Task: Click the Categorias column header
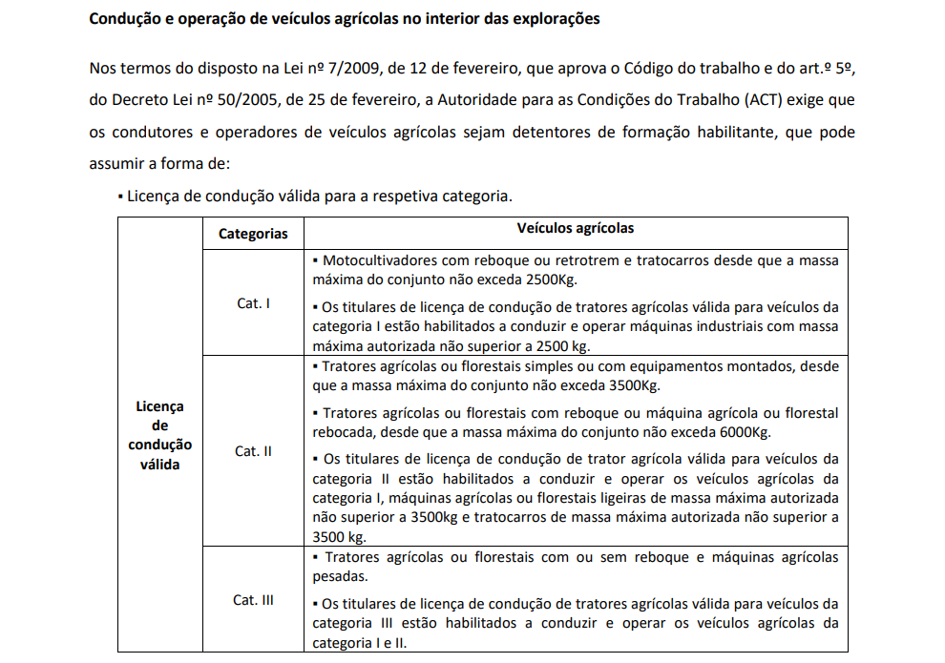(253, 234)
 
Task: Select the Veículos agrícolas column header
(576, 229)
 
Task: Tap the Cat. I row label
(253, 303)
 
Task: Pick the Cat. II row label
(253, 451)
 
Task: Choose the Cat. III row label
(253, 600)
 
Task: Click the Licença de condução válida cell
(160, 435)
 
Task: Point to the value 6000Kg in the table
(743, 432)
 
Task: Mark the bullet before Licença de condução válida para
(120, 197)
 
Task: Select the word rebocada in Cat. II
(343, 432)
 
